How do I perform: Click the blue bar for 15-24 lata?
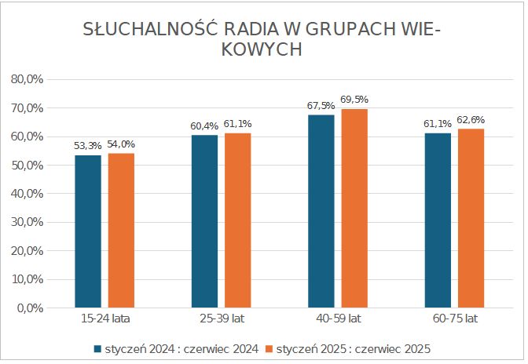pos(88,231)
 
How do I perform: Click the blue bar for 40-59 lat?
pos(321,211)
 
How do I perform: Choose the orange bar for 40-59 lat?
pos(354,208)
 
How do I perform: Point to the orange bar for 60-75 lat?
pos(471,218)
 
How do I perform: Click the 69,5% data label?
pos(354,100)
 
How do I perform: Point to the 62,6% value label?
pos(471,119)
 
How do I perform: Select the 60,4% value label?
pos(204,126)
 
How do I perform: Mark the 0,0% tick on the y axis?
pos(29,308)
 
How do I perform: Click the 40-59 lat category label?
pos(338,320)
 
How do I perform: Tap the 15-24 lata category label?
pos(104,320)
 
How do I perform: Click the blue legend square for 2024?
pos(98,348)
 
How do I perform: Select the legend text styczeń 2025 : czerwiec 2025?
pos(354,348)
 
